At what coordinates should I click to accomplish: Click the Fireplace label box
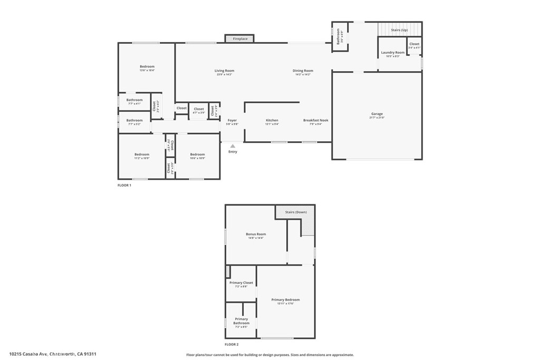[239, 38]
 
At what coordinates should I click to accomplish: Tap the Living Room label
[224, 71]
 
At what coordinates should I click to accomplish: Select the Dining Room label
[303, 71]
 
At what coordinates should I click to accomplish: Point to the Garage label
[377, 114]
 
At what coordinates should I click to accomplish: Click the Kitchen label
[272, 120]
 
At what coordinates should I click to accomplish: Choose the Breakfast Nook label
[315, 120]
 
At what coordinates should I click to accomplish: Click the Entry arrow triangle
[233, 146]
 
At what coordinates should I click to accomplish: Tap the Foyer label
[232, 120]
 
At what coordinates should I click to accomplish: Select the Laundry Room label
[392, 53]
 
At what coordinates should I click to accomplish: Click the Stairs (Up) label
[399, 30]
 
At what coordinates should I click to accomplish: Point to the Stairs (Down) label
[296, 212]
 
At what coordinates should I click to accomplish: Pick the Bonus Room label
[256, 234]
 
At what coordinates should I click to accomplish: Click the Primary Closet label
[241, 283]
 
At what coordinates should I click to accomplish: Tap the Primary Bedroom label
[285, 299]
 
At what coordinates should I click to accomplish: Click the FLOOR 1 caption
[124, 186]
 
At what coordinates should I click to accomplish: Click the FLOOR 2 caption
[232, 344]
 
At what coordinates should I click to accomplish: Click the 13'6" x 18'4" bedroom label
[147, 66]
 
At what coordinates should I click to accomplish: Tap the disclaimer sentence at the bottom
[270, 355]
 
